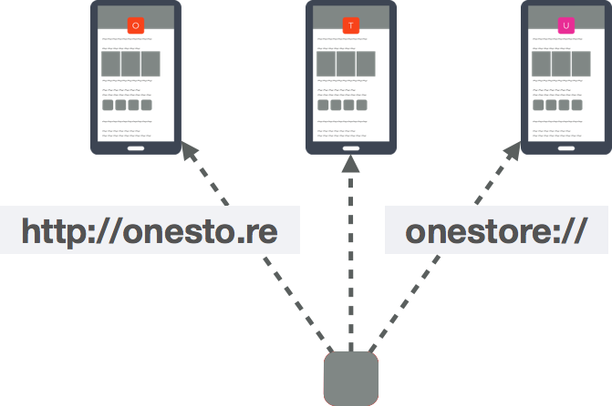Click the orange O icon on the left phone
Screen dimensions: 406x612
click(x=136, y=26)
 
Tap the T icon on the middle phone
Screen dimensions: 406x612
click(x=351, y=26)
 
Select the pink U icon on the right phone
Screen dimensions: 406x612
click(x=566, y=26)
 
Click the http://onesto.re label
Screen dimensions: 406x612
click(x=149, y=231)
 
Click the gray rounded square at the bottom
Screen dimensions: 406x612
click(x=351, y=377)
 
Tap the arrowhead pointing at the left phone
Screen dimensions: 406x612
click(x=190, y=152)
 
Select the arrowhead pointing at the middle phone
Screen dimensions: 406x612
click(x=351, y=163)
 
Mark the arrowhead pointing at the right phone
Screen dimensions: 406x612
click(x=511, y=152)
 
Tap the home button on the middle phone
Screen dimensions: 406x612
click(x=351, y=146)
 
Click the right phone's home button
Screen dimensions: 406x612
click(x=566, y=146)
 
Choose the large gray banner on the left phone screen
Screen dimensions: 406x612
click(x=130, y=64)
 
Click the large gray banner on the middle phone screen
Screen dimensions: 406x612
click(x=346, y=64)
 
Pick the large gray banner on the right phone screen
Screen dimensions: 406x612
click(x=561, y=64)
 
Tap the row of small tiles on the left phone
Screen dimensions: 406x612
click(x=127, y=106)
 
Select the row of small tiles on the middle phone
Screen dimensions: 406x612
click(x=342, y=106)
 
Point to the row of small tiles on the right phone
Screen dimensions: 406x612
click(x=557, y=106)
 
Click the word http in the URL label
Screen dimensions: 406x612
click(x=54, y=231)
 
